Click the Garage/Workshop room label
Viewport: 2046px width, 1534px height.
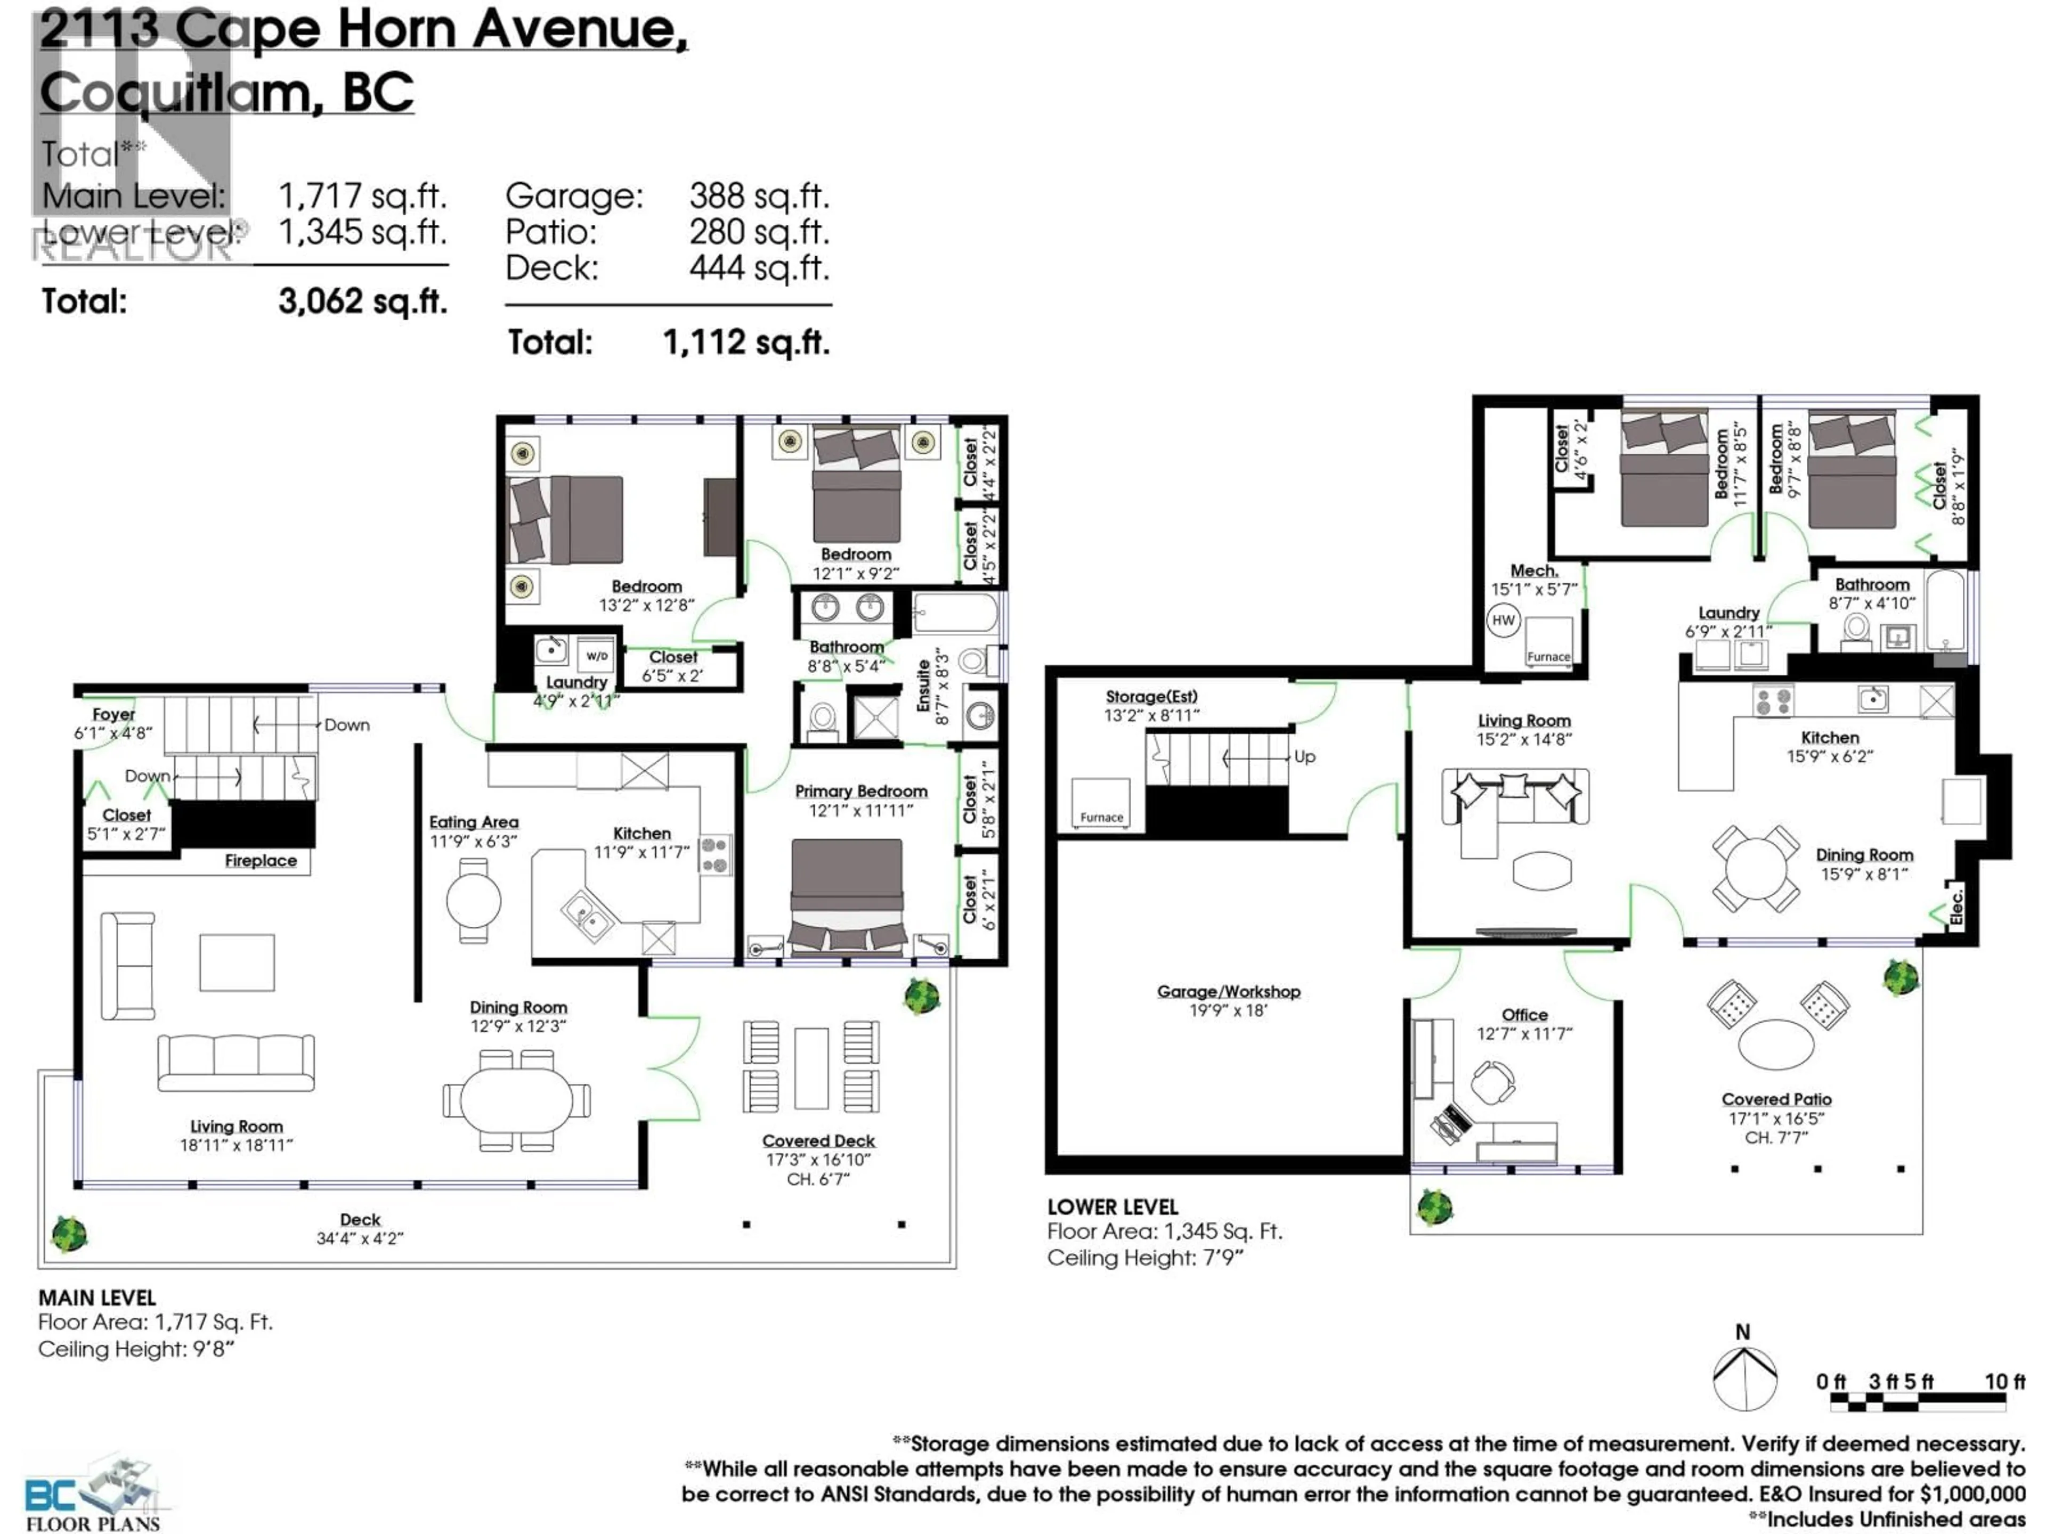point(1228,991)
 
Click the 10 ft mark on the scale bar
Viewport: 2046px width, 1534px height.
point(2003,1382)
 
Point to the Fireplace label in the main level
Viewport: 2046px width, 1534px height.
point(261,861)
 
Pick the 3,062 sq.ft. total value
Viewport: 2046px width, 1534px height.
point(363,301)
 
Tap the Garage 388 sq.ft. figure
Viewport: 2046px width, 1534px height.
point(759,196)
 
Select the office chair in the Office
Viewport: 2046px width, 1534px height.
point(1491,1082)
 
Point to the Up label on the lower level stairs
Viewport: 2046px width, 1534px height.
point(1304,756)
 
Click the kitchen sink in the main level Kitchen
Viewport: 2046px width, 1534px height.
point(586,913)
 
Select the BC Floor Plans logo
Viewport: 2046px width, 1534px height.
point(93,1494)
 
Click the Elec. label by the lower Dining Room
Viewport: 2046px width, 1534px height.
point(1956,906)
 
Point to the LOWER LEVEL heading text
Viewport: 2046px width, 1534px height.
point(1112,1206)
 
